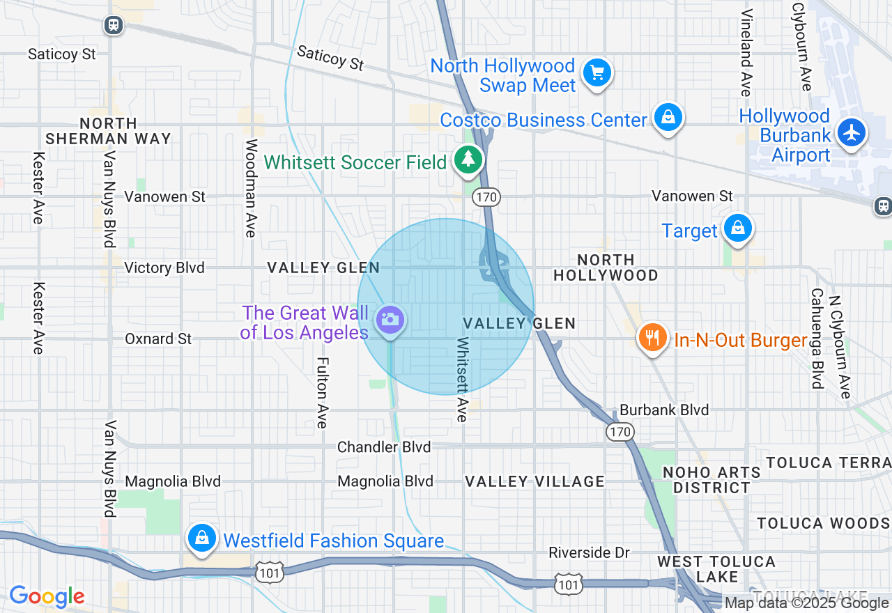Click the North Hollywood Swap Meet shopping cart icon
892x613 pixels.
tap(597, 72)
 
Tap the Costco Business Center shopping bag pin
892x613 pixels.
tap(668, 118)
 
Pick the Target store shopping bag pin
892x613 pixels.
tap(737, 228)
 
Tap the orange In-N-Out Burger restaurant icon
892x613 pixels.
tap(652, 338)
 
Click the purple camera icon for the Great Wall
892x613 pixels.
tap(390, 320)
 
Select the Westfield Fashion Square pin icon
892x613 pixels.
tap(201, 538)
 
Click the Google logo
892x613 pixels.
tap(47, 596)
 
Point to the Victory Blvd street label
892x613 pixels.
tap(164, 268)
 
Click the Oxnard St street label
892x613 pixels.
tap(158, 339)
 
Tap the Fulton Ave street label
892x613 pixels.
tap(322, 393)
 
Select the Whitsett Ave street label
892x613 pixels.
tap(463, 380)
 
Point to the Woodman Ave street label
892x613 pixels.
tap(251, 188)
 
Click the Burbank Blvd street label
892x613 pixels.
tap(664, 410)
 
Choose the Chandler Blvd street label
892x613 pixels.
tap(384, 447)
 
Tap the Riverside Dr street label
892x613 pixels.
tap(589, 553)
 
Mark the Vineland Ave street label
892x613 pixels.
tap(746, 52)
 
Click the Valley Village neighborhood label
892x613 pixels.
tap(535, 481)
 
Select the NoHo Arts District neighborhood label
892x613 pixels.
tap(712, 480)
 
